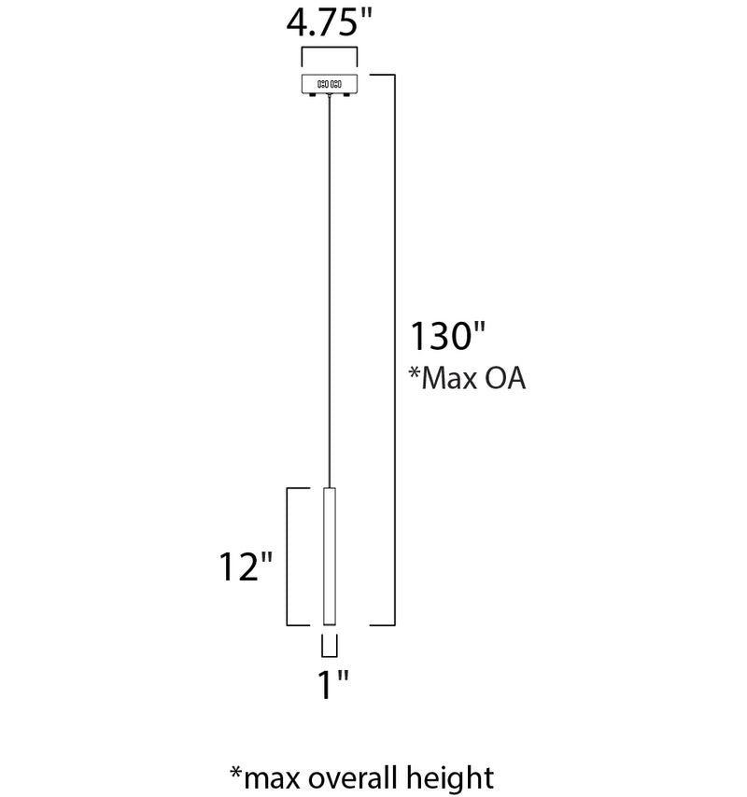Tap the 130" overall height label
tap(447, 335)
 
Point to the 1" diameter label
tap(333, 684)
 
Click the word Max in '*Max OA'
tap(447, 378)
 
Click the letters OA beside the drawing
tap(505, 378)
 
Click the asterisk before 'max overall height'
tap(236, 772)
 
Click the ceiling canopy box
tap(330, 84)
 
